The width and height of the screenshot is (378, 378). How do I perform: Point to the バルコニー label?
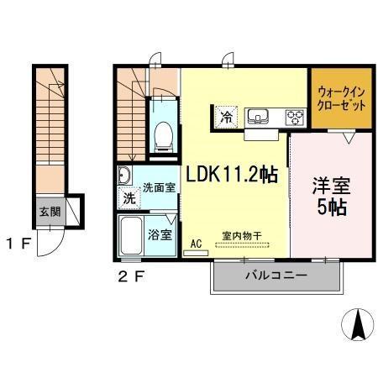pos(275,275)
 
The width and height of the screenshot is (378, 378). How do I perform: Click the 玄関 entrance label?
pos(47,211)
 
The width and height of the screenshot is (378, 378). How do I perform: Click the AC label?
pos(197,244)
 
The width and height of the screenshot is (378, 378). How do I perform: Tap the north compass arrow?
pos(357,324)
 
